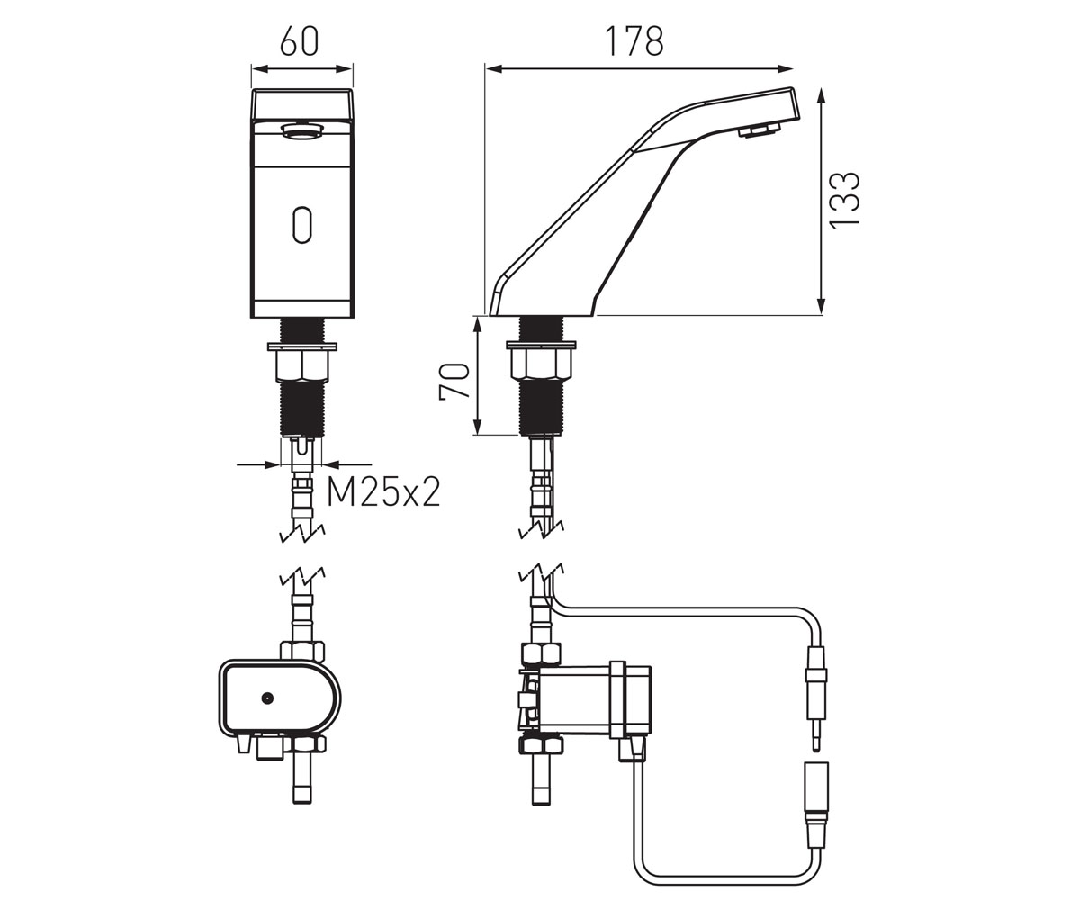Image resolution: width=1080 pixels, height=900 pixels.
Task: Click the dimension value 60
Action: click(299, 40)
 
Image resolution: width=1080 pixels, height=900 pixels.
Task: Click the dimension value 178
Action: click(634, 40)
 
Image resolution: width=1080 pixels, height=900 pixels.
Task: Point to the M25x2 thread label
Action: click(383, 492)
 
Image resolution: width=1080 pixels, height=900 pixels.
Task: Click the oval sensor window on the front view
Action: click(302, 224)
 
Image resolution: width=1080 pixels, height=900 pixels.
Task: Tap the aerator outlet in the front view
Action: click(301, 130)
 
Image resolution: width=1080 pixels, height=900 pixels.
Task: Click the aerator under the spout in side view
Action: click(759, 130)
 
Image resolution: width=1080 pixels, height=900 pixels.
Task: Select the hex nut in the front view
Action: click(302, 365)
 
